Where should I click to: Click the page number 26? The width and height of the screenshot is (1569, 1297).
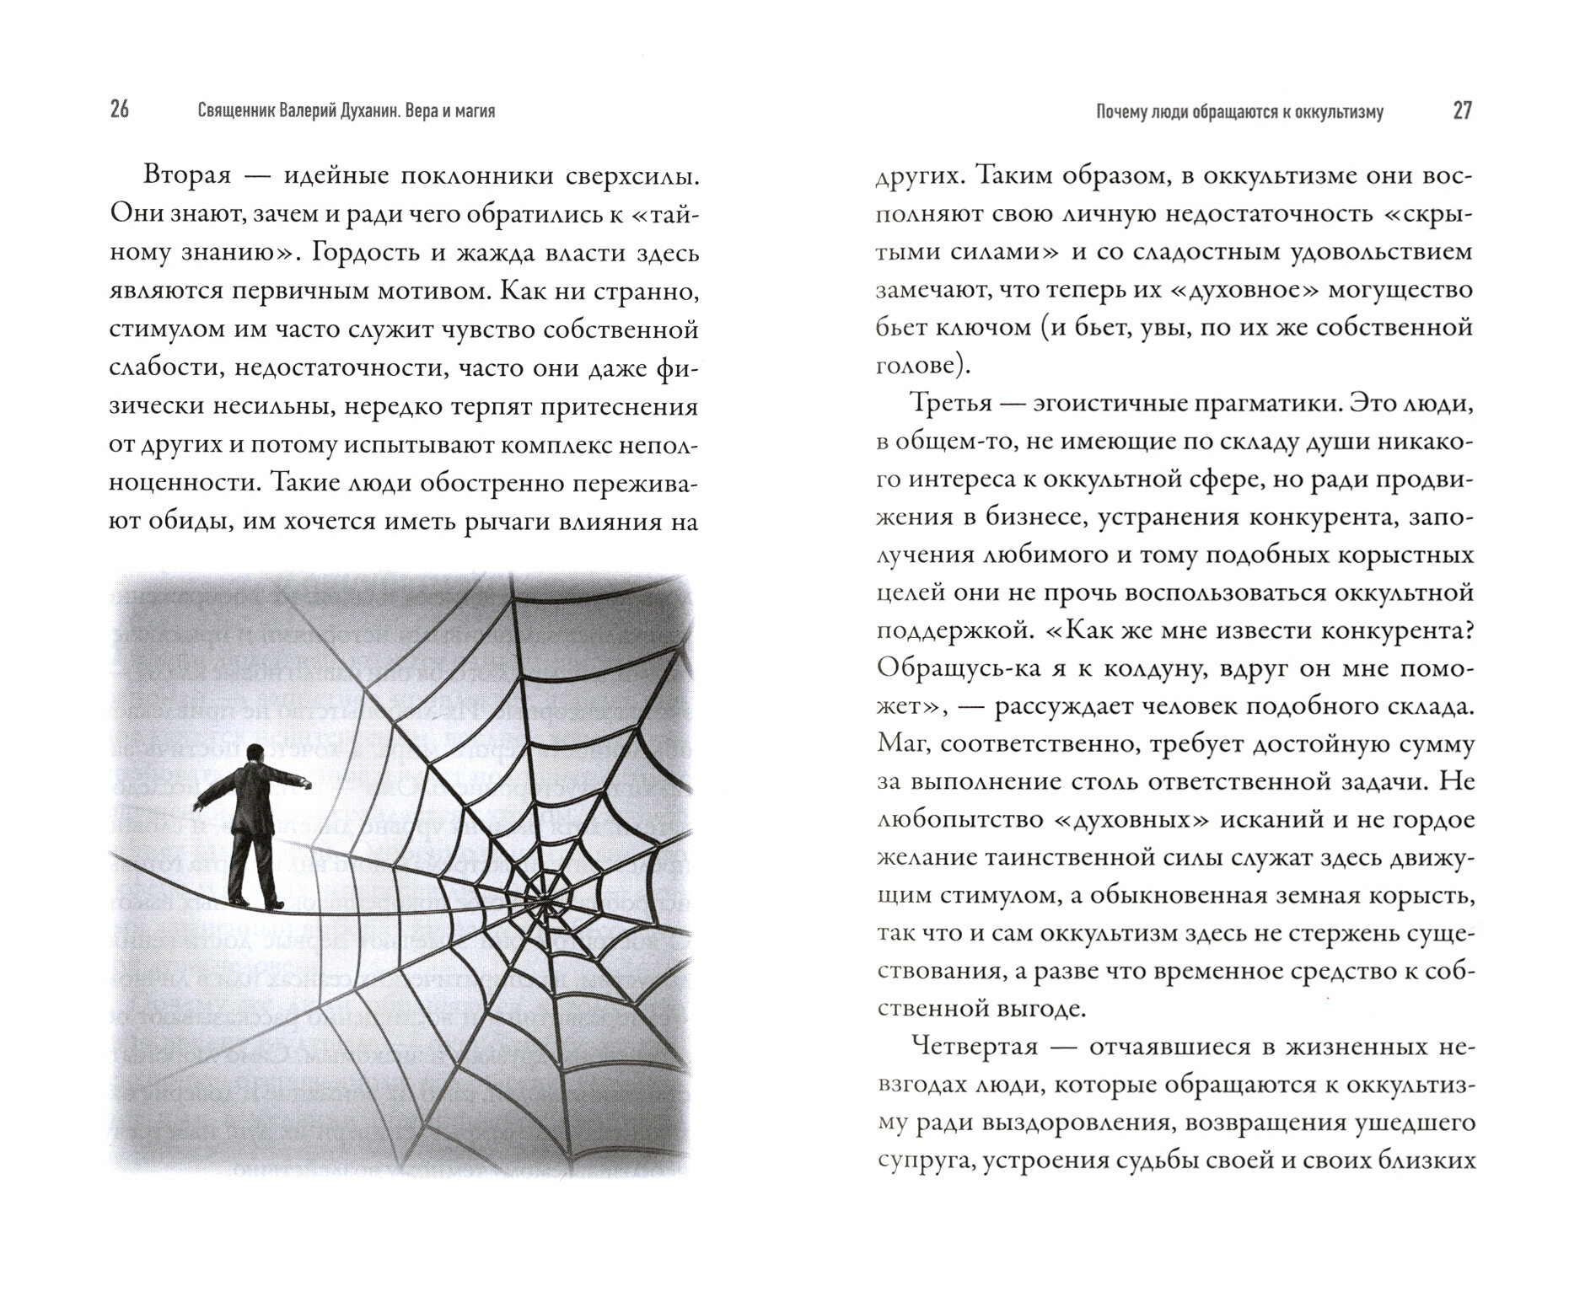(120, 110)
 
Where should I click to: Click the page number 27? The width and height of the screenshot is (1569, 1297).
(1462, 110)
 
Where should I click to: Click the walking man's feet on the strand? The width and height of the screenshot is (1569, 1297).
(258, 903)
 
